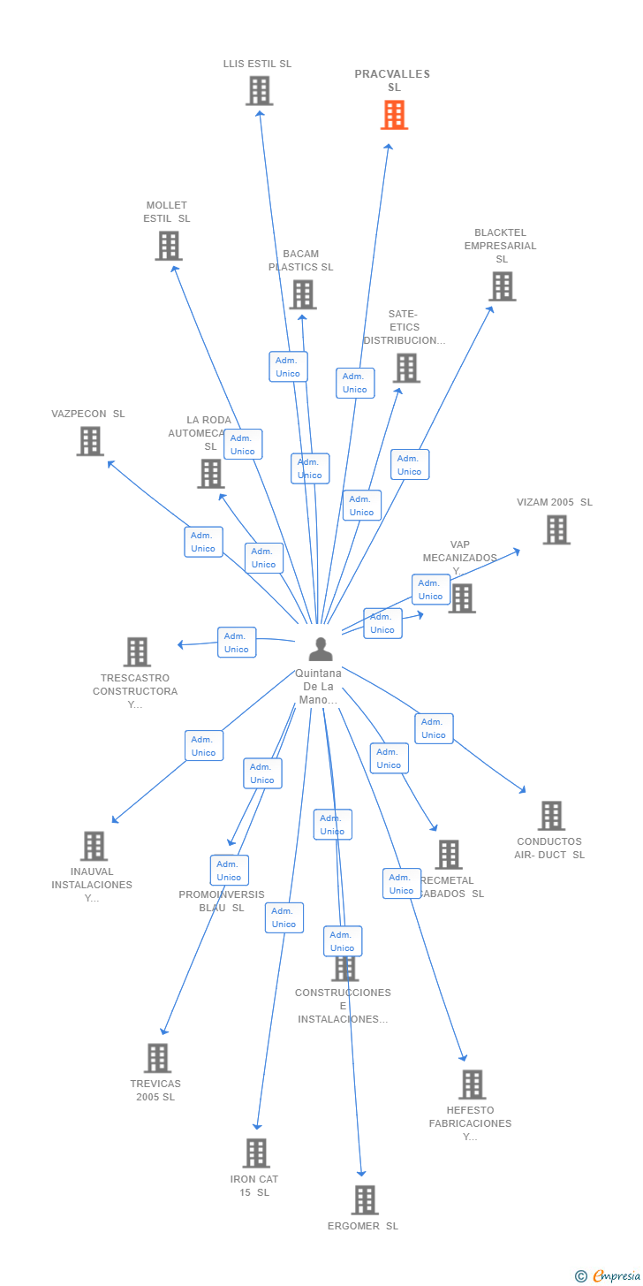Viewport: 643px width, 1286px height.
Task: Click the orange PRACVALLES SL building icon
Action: click(x=394, y=115)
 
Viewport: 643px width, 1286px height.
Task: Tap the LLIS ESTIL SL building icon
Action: click(x=259, y=91)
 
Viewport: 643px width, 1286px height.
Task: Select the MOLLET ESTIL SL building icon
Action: click(x=168, y=246)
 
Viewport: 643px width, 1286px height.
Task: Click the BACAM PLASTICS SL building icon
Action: click(x=302, y=294)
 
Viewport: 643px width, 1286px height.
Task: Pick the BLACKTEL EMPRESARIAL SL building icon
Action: click(x=502, y=286)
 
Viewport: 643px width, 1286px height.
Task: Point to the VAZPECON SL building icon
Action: click(x=90, y=441)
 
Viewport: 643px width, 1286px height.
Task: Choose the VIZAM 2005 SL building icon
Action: click(x=556, y=529)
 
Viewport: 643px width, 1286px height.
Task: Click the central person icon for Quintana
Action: click(x=320, y=650)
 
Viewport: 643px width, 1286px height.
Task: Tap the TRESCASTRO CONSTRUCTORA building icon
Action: click(x=137, y=652)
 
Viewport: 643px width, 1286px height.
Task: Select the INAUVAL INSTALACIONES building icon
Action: click(x=94, y=846)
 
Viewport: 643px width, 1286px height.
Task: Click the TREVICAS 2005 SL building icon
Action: click(x=157, y=1058)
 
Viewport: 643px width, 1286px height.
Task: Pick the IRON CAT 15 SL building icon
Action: click(x=256, y=1153)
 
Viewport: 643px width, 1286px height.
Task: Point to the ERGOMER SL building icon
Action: click(x=364, y=1200)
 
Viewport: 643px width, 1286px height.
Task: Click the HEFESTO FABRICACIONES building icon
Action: click(x=472, y=1084)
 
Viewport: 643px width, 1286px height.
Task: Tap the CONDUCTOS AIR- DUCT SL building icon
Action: click(x=550, y=816)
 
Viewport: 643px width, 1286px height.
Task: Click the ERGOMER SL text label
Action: click(x=363, y=1226)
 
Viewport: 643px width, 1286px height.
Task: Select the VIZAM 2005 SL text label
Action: click(x=555, y=503)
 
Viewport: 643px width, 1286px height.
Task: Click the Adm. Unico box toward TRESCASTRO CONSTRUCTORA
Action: click(x=236, y=643)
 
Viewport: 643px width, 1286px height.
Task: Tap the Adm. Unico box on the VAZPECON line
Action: click(x=203, y=542)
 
